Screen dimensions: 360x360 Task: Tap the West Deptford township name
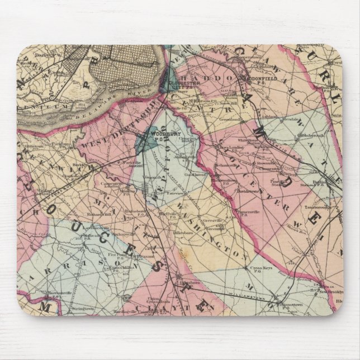point(110,134)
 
